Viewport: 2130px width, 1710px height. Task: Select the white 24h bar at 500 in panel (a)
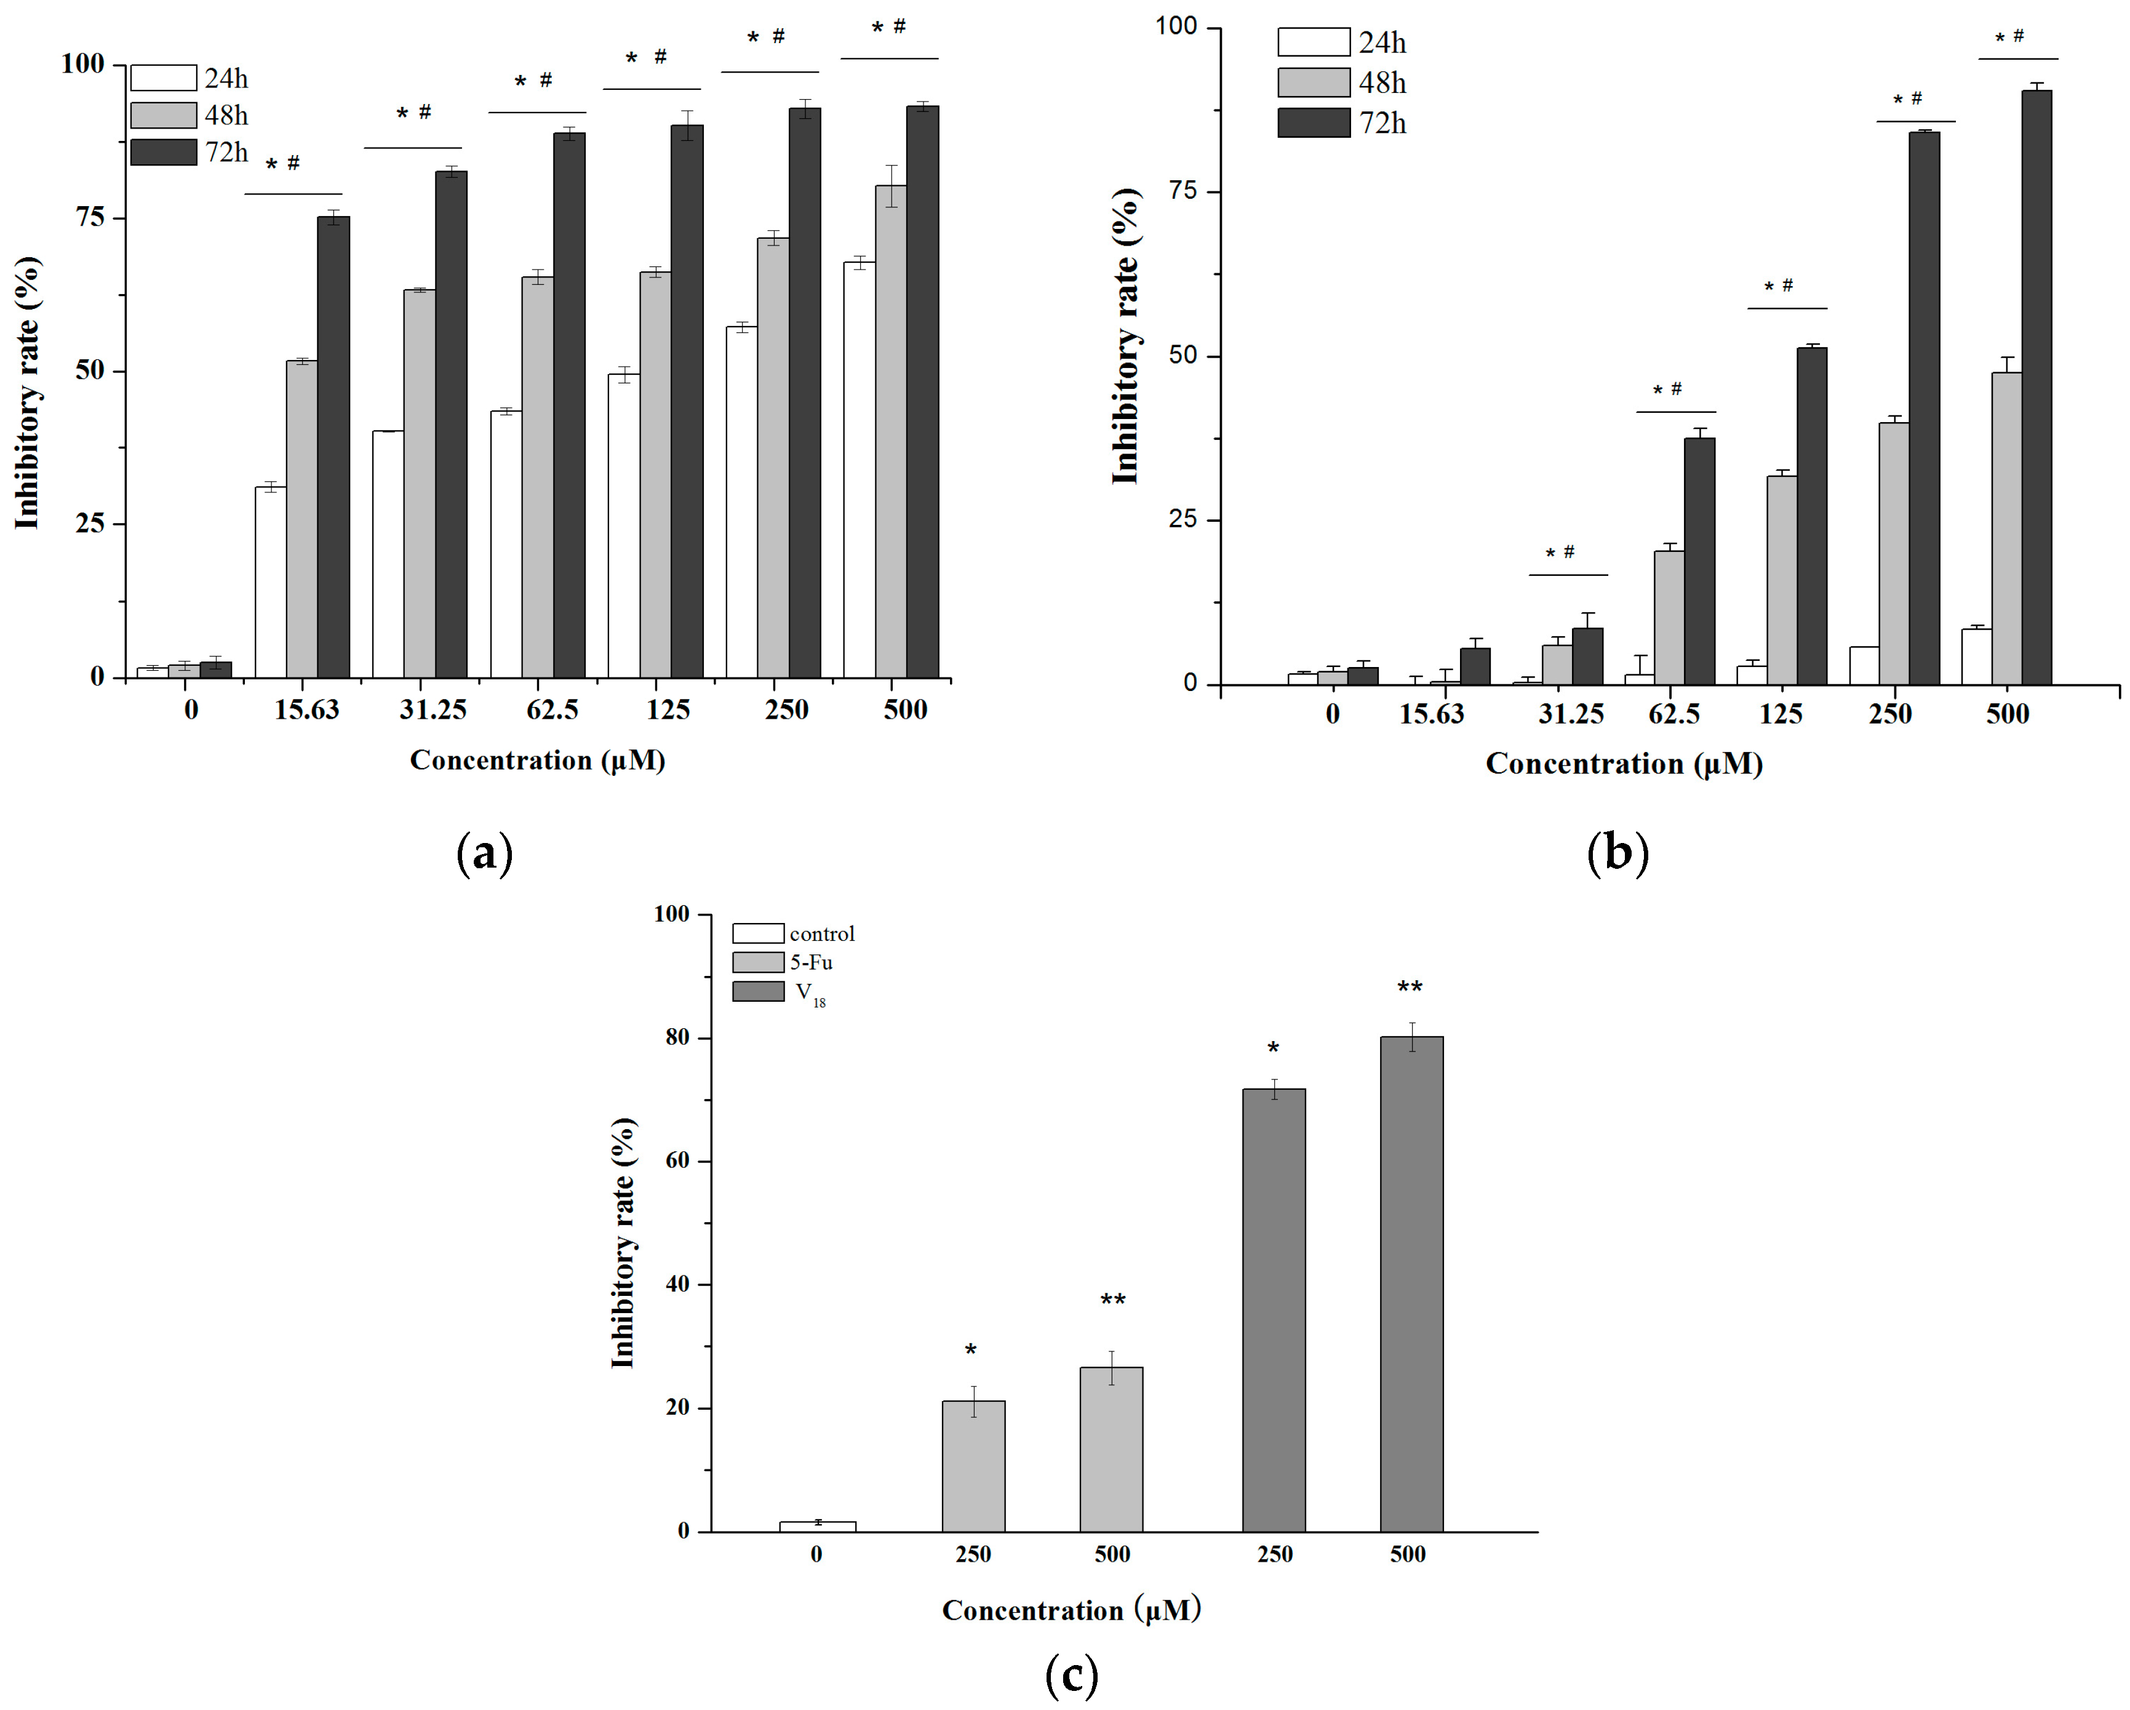coord(858,470)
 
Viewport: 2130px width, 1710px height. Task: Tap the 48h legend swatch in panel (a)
coord(163,116)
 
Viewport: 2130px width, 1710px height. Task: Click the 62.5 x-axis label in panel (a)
coord(552,709)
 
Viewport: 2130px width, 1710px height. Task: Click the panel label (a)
coord(484,852)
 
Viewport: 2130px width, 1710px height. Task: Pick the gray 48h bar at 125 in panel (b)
coord(1781,580)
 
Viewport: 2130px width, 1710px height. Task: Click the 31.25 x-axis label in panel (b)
coord(1571,713)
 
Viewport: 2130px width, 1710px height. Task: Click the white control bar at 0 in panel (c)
coord(817,1526)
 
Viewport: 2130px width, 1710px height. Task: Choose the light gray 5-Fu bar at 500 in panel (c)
coord(1111,1449)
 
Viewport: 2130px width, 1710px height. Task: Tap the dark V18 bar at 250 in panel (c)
coord(1274,1310)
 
